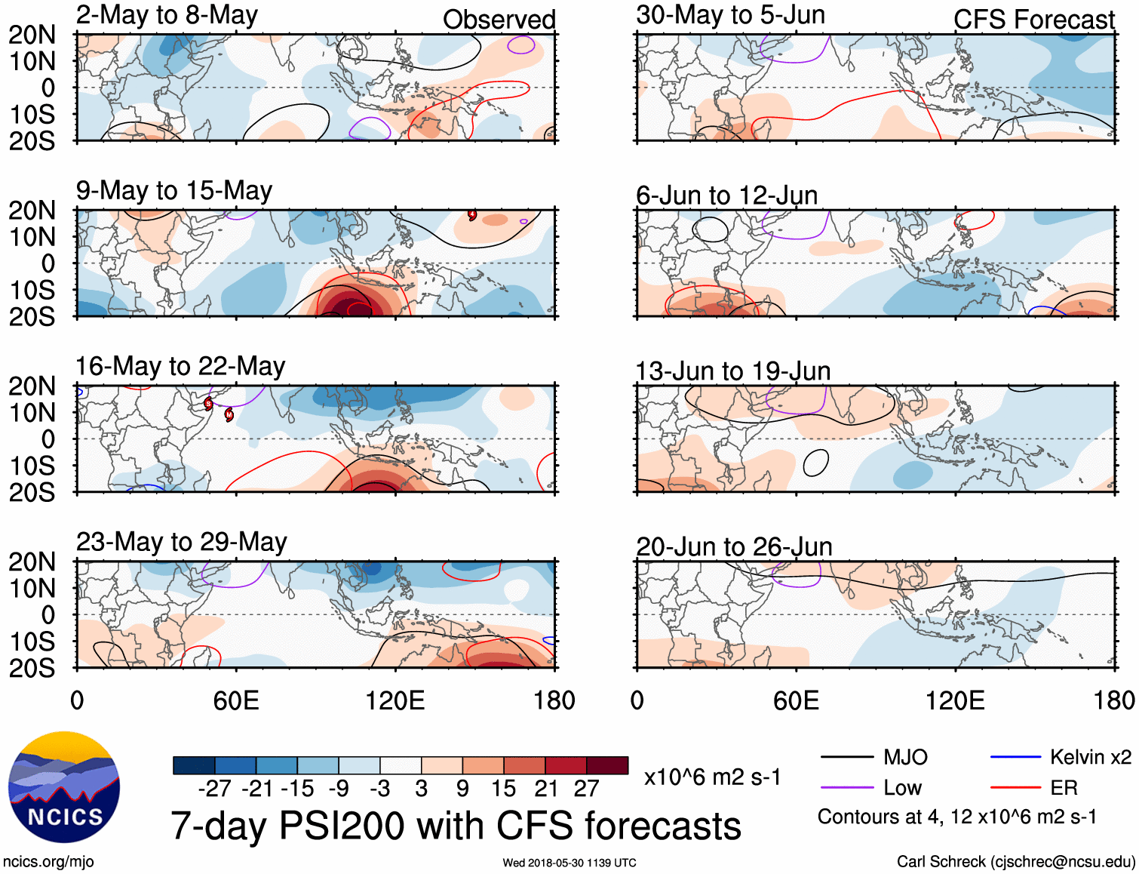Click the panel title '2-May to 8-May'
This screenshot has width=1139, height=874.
167,15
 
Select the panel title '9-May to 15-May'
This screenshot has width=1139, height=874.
174,190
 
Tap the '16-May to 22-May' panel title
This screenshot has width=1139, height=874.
180,366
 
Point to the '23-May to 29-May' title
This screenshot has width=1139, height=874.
182,542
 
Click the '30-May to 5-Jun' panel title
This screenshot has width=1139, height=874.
730,15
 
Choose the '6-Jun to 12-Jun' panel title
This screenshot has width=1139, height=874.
726,195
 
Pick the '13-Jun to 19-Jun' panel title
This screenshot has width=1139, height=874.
732,371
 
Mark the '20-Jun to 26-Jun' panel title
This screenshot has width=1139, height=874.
734,546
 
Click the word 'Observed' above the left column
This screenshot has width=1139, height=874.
499,20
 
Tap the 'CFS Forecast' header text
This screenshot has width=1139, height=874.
1033,20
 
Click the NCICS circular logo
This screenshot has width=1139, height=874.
64,787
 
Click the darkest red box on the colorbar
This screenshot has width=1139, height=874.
607,765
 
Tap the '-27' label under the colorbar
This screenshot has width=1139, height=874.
214,789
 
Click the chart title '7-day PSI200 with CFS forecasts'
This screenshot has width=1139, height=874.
456,826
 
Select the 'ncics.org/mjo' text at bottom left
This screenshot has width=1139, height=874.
48,862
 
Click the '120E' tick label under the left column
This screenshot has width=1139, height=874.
395,700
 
